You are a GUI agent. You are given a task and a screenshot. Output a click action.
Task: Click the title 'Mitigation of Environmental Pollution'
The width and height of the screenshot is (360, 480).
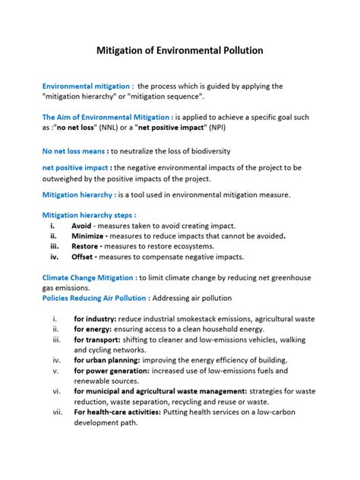(x=180, y=51)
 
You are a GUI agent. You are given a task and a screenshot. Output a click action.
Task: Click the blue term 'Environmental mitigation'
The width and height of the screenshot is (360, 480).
(x=85, y=87)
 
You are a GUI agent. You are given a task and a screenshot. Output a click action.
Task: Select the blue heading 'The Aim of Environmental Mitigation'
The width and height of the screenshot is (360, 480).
(x=106, y=117)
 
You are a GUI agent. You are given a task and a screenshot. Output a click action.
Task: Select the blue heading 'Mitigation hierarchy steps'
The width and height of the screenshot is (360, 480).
(x=93, y=215)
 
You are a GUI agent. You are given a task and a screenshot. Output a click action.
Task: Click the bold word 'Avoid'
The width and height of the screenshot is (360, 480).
(x=82, y=226)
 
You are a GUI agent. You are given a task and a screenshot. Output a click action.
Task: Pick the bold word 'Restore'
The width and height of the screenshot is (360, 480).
(x=87, y=247)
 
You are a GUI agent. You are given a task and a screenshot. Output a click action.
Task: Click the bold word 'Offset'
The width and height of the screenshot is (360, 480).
(x=84, y=257)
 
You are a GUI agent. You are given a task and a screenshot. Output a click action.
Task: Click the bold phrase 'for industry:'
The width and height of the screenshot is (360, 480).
(x=95, y=319)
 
